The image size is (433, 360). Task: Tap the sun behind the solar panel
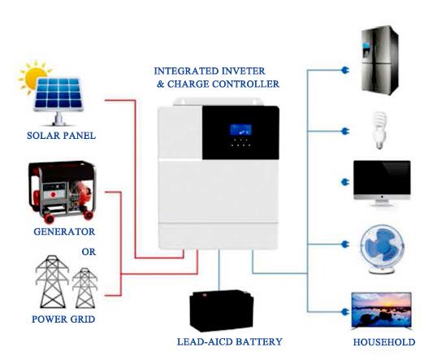(x=33, y=77)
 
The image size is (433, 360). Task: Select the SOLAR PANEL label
(x=61, y=136)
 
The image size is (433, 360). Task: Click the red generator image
(x=63, y=192)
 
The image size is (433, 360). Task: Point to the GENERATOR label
(x=64, y=232)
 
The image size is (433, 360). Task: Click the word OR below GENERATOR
(x=89, y=252)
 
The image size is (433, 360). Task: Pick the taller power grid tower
(x=52, y=281)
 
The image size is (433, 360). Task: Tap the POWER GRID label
(x=63, y=319)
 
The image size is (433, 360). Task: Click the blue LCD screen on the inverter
(x=240, y=130)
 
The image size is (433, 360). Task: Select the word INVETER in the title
(x=244, y=71)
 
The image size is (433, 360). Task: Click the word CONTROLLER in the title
(x=246, y=84)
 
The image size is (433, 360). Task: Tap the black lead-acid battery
(x=222, y=310)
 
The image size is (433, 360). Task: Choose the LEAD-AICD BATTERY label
(x=229, y=342)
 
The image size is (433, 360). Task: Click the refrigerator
(x=380, y=60)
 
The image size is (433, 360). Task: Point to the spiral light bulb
(x=379, y=130)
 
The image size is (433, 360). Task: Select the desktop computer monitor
(x=382, y=183)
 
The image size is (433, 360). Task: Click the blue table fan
(x=382, y=249)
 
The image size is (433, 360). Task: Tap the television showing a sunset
(x=381, y=310)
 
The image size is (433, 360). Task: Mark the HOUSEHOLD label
(x=384, y=342)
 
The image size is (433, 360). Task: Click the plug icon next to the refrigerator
(x=345, y=70)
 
